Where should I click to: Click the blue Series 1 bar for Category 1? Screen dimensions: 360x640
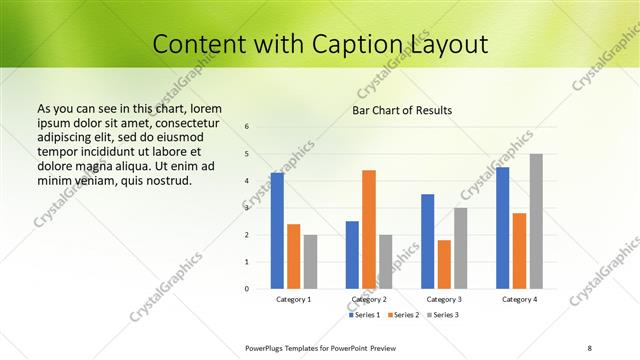pos(277,231)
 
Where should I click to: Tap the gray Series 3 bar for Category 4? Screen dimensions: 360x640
pos(536,221)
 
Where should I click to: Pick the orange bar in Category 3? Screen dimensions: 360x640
pos(444,264)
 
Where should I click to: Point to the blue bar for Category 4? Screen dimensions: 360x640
pos(502,228)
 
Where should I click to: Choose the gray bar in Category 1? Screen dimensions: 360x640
pos(310,262)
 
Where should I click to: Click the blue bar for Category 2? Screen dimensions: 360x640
pos(352,255)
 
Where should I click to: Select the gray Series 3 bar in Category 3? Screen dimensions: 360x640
pos(461,248)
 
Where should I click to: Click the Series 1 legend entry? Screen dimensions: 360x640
pos(365,315)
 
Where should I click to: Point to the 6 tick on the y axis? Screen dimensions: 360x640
pos(247,126)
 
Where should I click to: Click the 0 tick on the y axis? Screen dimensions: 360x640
pos(247,289)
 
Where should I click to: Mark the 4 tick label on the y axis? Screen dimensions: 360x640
pos(247,181)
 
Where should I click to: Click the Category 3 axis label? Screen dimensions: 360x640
pos(444,300)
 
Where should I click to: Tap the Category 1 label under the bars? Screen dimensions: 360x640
pos(294,300)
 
